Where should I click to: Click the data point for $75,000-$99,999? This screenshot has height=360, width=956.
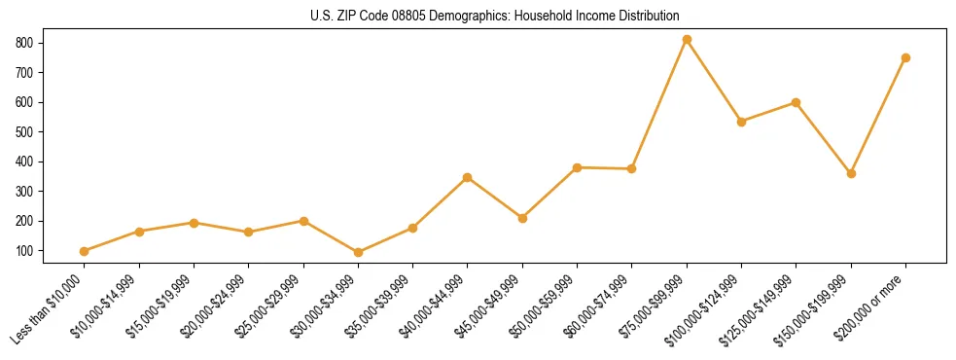click(x=687, y=40)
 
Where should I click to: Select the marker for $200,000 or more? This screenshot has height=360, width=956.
click(x=905, y=57)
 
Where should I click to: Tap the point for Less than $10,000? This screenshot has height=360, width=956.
click(x=85, y=251)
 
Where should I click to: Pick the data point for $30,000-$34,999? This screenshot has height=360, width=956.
click(x=359, y=252)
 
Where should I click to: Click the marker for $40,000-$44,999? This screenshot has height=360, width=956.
click(x=468, y=177)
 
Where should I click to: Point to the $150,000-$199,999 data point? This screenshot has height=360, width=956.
click(x=851, y=173)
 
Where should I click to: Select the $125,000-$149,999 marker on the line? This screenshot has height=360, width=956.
click(x=797, y=102)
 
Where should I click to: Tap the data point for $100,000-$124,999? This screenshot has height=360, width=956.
click(x=741, y=122)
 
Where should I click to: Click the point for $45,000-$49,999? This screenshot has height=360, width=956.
click(x=522, y=218)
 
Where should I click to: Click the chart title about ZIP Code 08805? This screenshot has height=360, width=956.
click(x=494, y=16)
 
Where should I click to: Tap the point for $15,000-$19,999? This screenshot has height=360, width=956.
click(x=194, y=223)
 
